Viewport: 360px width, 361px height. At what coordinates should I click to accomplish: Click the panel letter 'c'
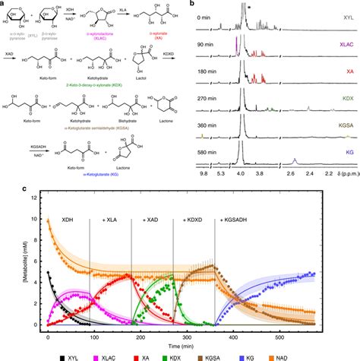[x=5, y=176]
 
